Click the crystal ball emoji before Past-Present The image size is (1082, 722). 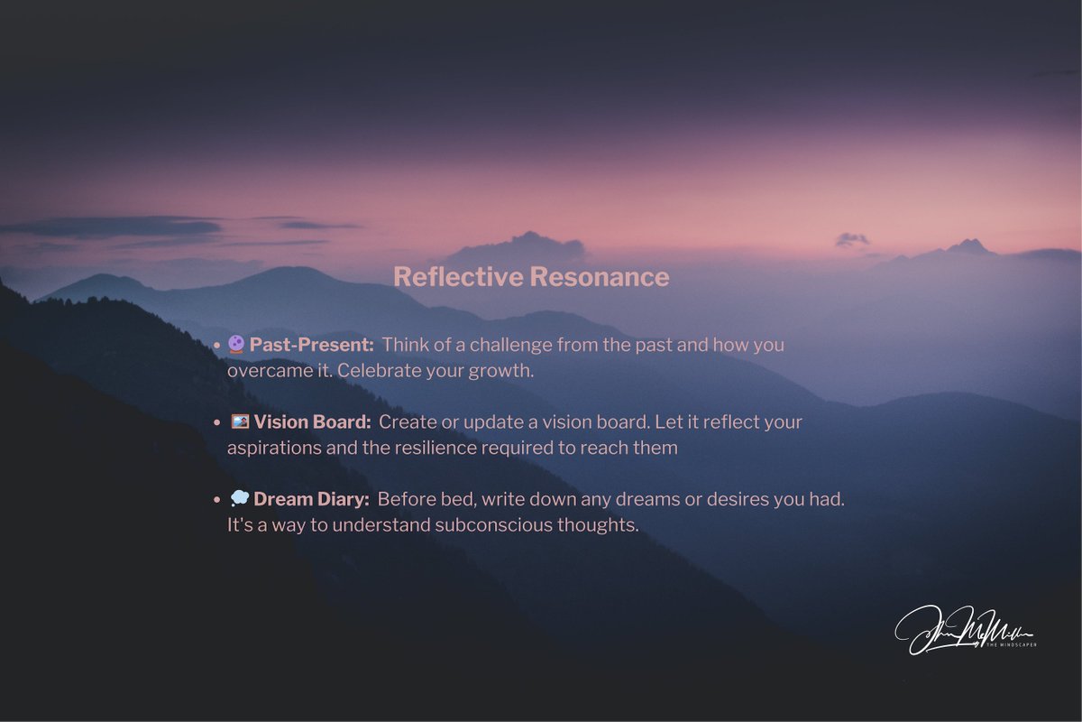click(235, 344)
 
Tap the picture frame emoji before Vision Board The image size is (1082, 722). click(239, 421)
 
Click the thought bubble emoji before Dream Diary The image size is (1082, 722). click(239, 499)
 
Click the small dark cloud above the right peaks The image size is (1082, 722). click(851, 239)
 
